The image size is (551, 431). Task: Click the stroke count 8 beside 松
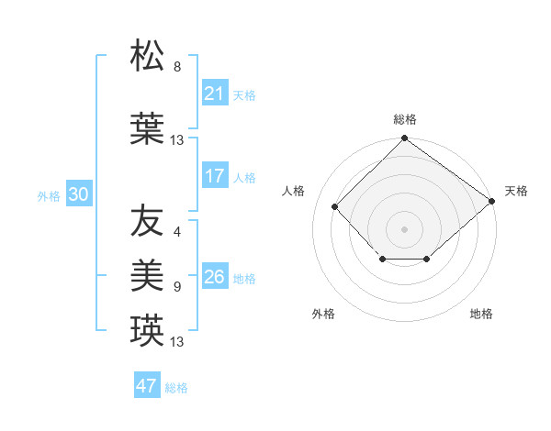pyautogui.click(x=177, y=67)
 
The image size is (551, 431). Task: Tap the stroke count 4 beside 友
pyautogui.click(x=177, y=231)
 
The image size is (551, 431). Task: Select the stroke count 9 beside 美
pyautogui.click(x=177, y=287)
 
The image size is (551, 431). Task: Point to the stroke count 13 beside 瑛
pyautogui.click(x=177, y=342)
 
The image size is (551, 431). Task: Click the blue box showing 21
pyautogui.click(x=215, y=94)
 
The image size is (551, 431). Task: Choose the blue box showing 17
pyautogui.click(x=215, y=176)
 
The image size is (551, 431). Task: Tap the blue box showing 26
pyautogui.click(x=215, y=277)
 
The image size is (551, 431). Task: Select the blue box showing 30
pyautogui.click(x=78, y=194)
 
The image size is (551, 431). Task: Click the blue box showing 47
pyautogui.click(x=147, y=386)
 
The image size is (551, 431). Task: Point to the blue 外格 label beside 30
pyautogui.click(x=49, y=195)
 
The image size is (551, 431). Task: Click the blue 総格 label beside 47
pyautogui.click(x=176, y=388)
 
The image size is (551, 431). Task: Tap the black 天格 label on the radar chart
pyautogui.click(x=516, y=191)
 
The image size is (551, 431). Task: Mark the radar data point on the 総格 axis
pyautogui.click(x=404, y=139)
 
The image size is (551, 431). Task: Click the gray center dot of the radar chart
pyautogui.click(x=404, y=228)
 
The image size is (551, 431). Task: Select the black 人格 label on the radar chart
pyautogui.click(x=294, y=191)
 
